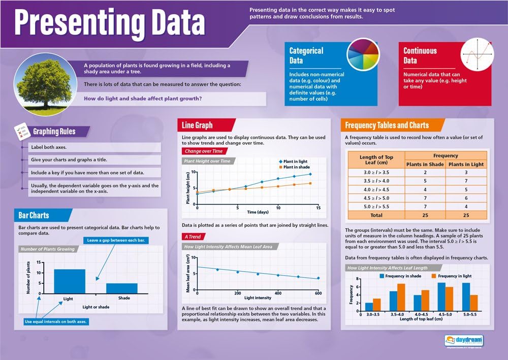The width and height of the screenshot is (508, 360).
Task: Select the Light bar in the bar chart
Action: pyautogui.click(x=70, y=281)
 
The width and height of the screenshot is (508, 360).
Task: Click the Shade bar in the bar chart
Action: pyautogui.click(x=121, y=288)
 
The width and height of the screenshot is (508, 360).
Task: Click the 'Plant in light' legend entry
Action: pyautogui.click(x=294, y=161)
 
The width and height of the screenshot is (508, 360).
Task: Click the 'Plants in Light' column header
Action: pyautogui.click(x=466, y=164)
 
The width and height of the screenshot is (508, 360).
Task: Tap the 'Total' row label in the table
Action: pyautogui.click(x=376, y=215)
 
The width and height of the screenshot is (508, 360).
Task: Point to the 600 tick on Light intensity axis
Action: pyautogui.click(x=318, y=293)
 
